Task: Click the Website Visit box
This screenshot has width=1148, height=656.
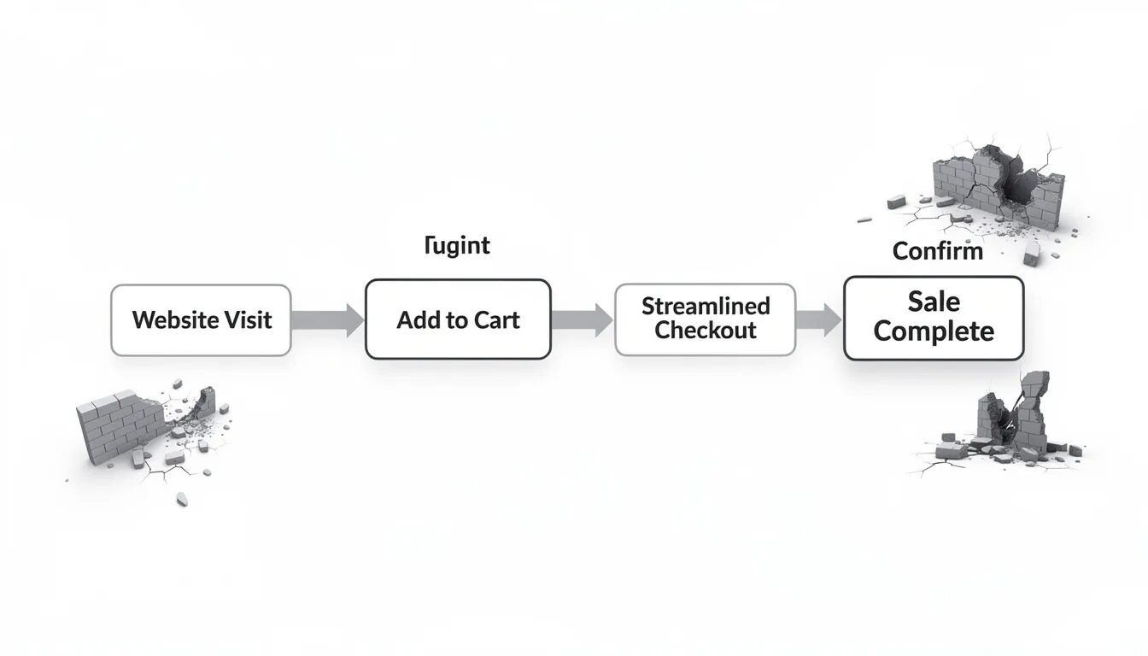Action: click(201, 320)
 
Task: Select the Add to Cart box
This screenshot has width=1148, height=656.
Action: click(458, 320)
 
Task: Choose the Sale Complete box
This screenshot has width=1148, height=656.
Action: click(933, 318)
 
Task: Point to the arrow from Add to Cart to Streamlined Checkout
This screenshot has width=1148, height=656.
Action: click(582, 320)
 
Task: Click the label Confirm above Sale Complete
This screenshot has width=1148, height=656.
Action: click(937, 252)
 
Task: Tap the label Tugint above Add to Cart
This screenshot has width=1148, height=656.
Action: click(457, 246)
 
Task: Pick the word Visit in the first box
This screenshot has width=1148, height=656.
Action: click(247, 320)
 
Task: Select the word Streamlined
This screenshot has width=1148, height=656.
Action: click(706, 306)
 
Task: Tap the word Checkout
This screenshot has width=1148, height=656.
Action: click(706, 331)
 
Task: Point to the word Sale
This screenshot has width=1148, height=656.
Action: click(934, 302)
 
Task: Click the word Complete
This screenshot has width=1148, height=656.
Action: click(934, 331)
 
